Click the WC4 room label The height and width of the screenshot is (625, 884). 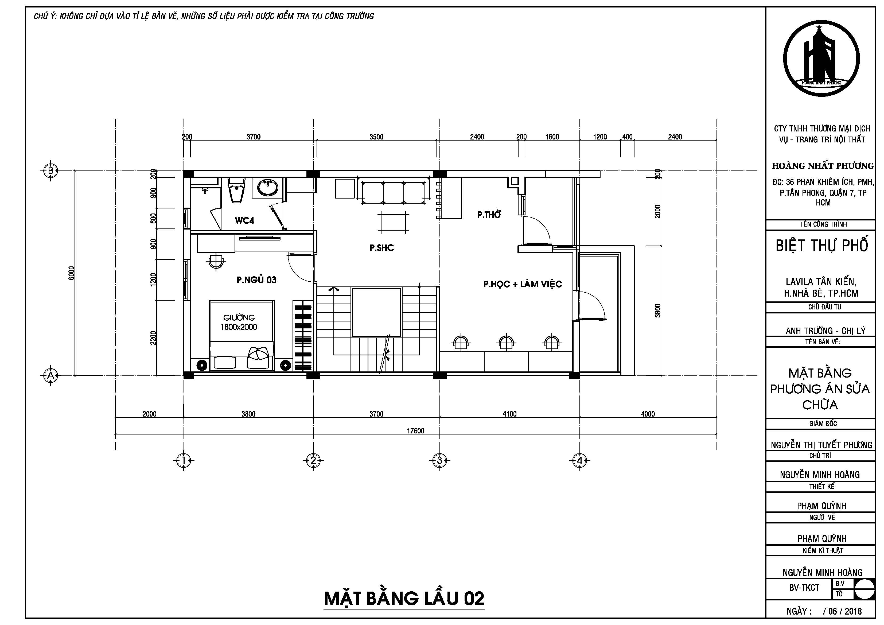[x=244, y=221]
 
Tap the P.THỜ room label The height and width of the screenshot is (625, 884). [x=489, y=215]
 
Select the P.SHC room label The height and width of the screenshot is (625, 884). [x=381, y=248]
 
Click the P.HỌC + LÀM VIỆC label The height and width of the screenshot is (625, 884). [x=523, y=284]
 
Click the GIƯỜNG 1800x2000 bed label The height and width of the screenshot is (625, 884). [x=239, y=322]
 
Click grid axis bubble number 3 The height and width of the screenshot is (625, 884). [x=439, y=460]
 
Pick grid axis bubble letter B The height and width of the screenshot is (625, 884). [x=50, y=170]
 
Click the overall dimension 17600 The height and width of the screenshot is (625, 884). [x=415, y=430]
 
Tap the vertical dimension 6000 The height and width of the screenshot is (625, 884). [x=71, y=273]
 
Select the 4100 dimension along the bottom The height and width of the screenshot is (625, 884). [x=509, y=414]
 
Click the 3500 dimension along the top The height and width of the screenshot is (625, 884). [x=376, y=137]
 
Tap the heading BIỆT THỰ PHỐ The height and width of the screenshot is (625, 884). [x=822, y=245]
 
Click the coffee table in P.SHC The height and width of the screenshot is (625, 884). [x=393, y=222]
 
